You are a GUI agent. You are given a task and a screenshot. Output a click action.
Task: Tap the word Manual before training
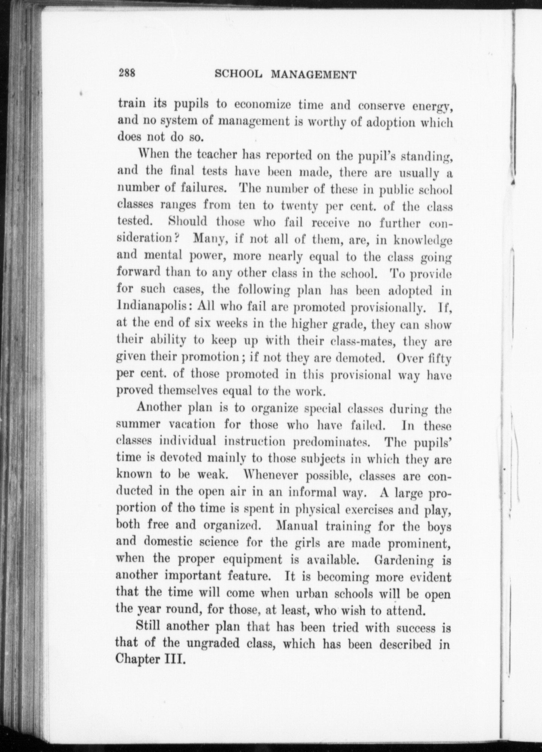click(298, 526)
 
